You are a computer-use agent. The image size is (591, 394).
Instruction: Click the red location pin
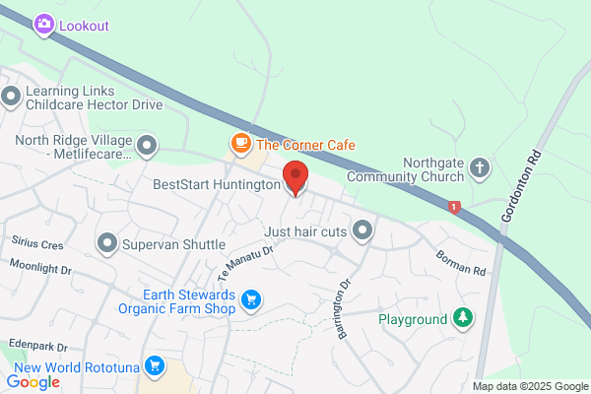coord(295,178)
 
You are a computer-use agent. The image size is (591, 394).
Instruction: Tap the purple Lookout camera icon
coord(43,26)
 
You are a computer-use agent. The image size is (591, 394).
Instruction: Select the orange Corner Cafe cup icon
coord(240,144)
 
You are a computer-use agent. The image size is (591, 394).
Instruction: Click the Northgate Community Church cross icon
coord(480,167)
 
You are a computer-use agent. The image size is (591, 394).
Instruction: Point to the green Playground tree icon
coord(462,318)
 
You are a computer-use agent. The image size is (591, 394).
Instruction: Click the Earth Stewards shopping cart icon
coord(251,298)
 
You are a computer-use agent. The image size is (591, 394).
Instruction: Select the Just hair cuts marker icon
coord(362,231)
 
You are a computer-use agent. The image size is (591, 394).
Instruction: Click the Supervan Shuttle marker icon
coord(107,242)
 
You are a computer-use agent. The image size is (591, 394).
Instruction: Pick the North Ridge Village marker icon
coord(147,147)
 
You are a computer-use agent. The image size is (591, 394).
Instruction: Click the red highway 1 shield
coord(453,207)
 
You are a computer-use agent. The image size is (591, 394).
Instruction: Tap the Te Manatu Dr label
coord(246,259)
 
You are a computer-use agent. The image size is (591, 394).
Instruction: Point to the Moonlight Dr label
coord(40,268)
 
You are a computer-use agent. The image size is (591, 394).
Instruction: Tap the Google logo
coord(33,382)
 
